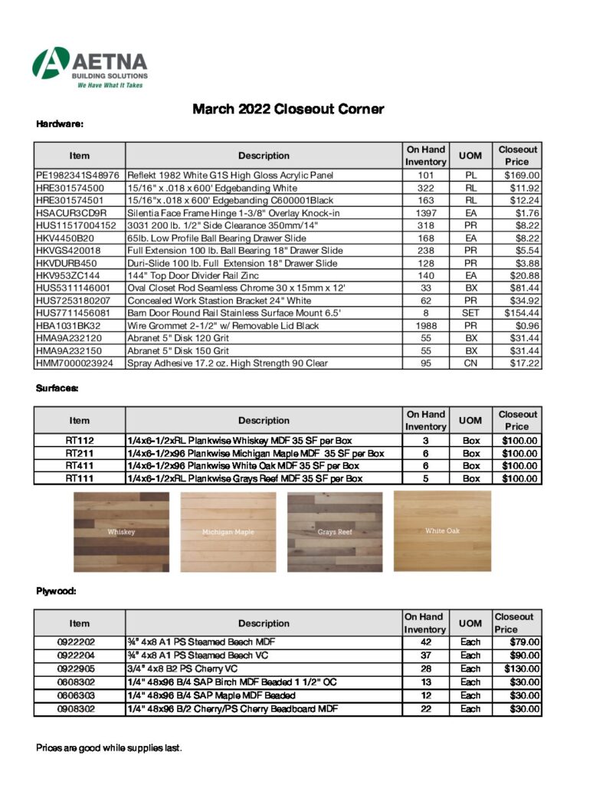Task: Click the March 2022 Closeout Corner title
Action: pyautogui.click(x=287, y=109)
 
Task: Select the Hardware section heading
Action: pyautogui.click(x=59, y=123)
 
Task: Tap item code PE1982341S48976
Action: pyautogui.click(x=77, y=176)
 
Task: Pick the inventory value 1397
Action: pyautogui.click(x=425, y=212)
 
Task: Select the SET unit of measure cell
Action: pyautogui.click(x=470, y=313)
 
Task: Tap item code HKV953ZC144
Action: pyautogui.click(x=68, y=275)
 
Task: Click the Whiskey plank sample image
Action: pyautogui.click(x=122, y=531)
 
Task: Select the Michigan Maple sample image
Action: pyautogui.click(x=228, y=531)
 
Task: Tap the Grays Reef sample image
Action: pyautogui.click(x=335, y=531)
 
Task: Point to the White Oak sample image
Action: pyautogui.click(x=442, y=530)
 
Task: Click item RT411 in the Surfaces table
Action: pyautogui.click(x=79, y=465)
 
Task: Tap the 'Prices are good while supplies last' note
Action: pyautogui.click(x=109, y=747)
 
